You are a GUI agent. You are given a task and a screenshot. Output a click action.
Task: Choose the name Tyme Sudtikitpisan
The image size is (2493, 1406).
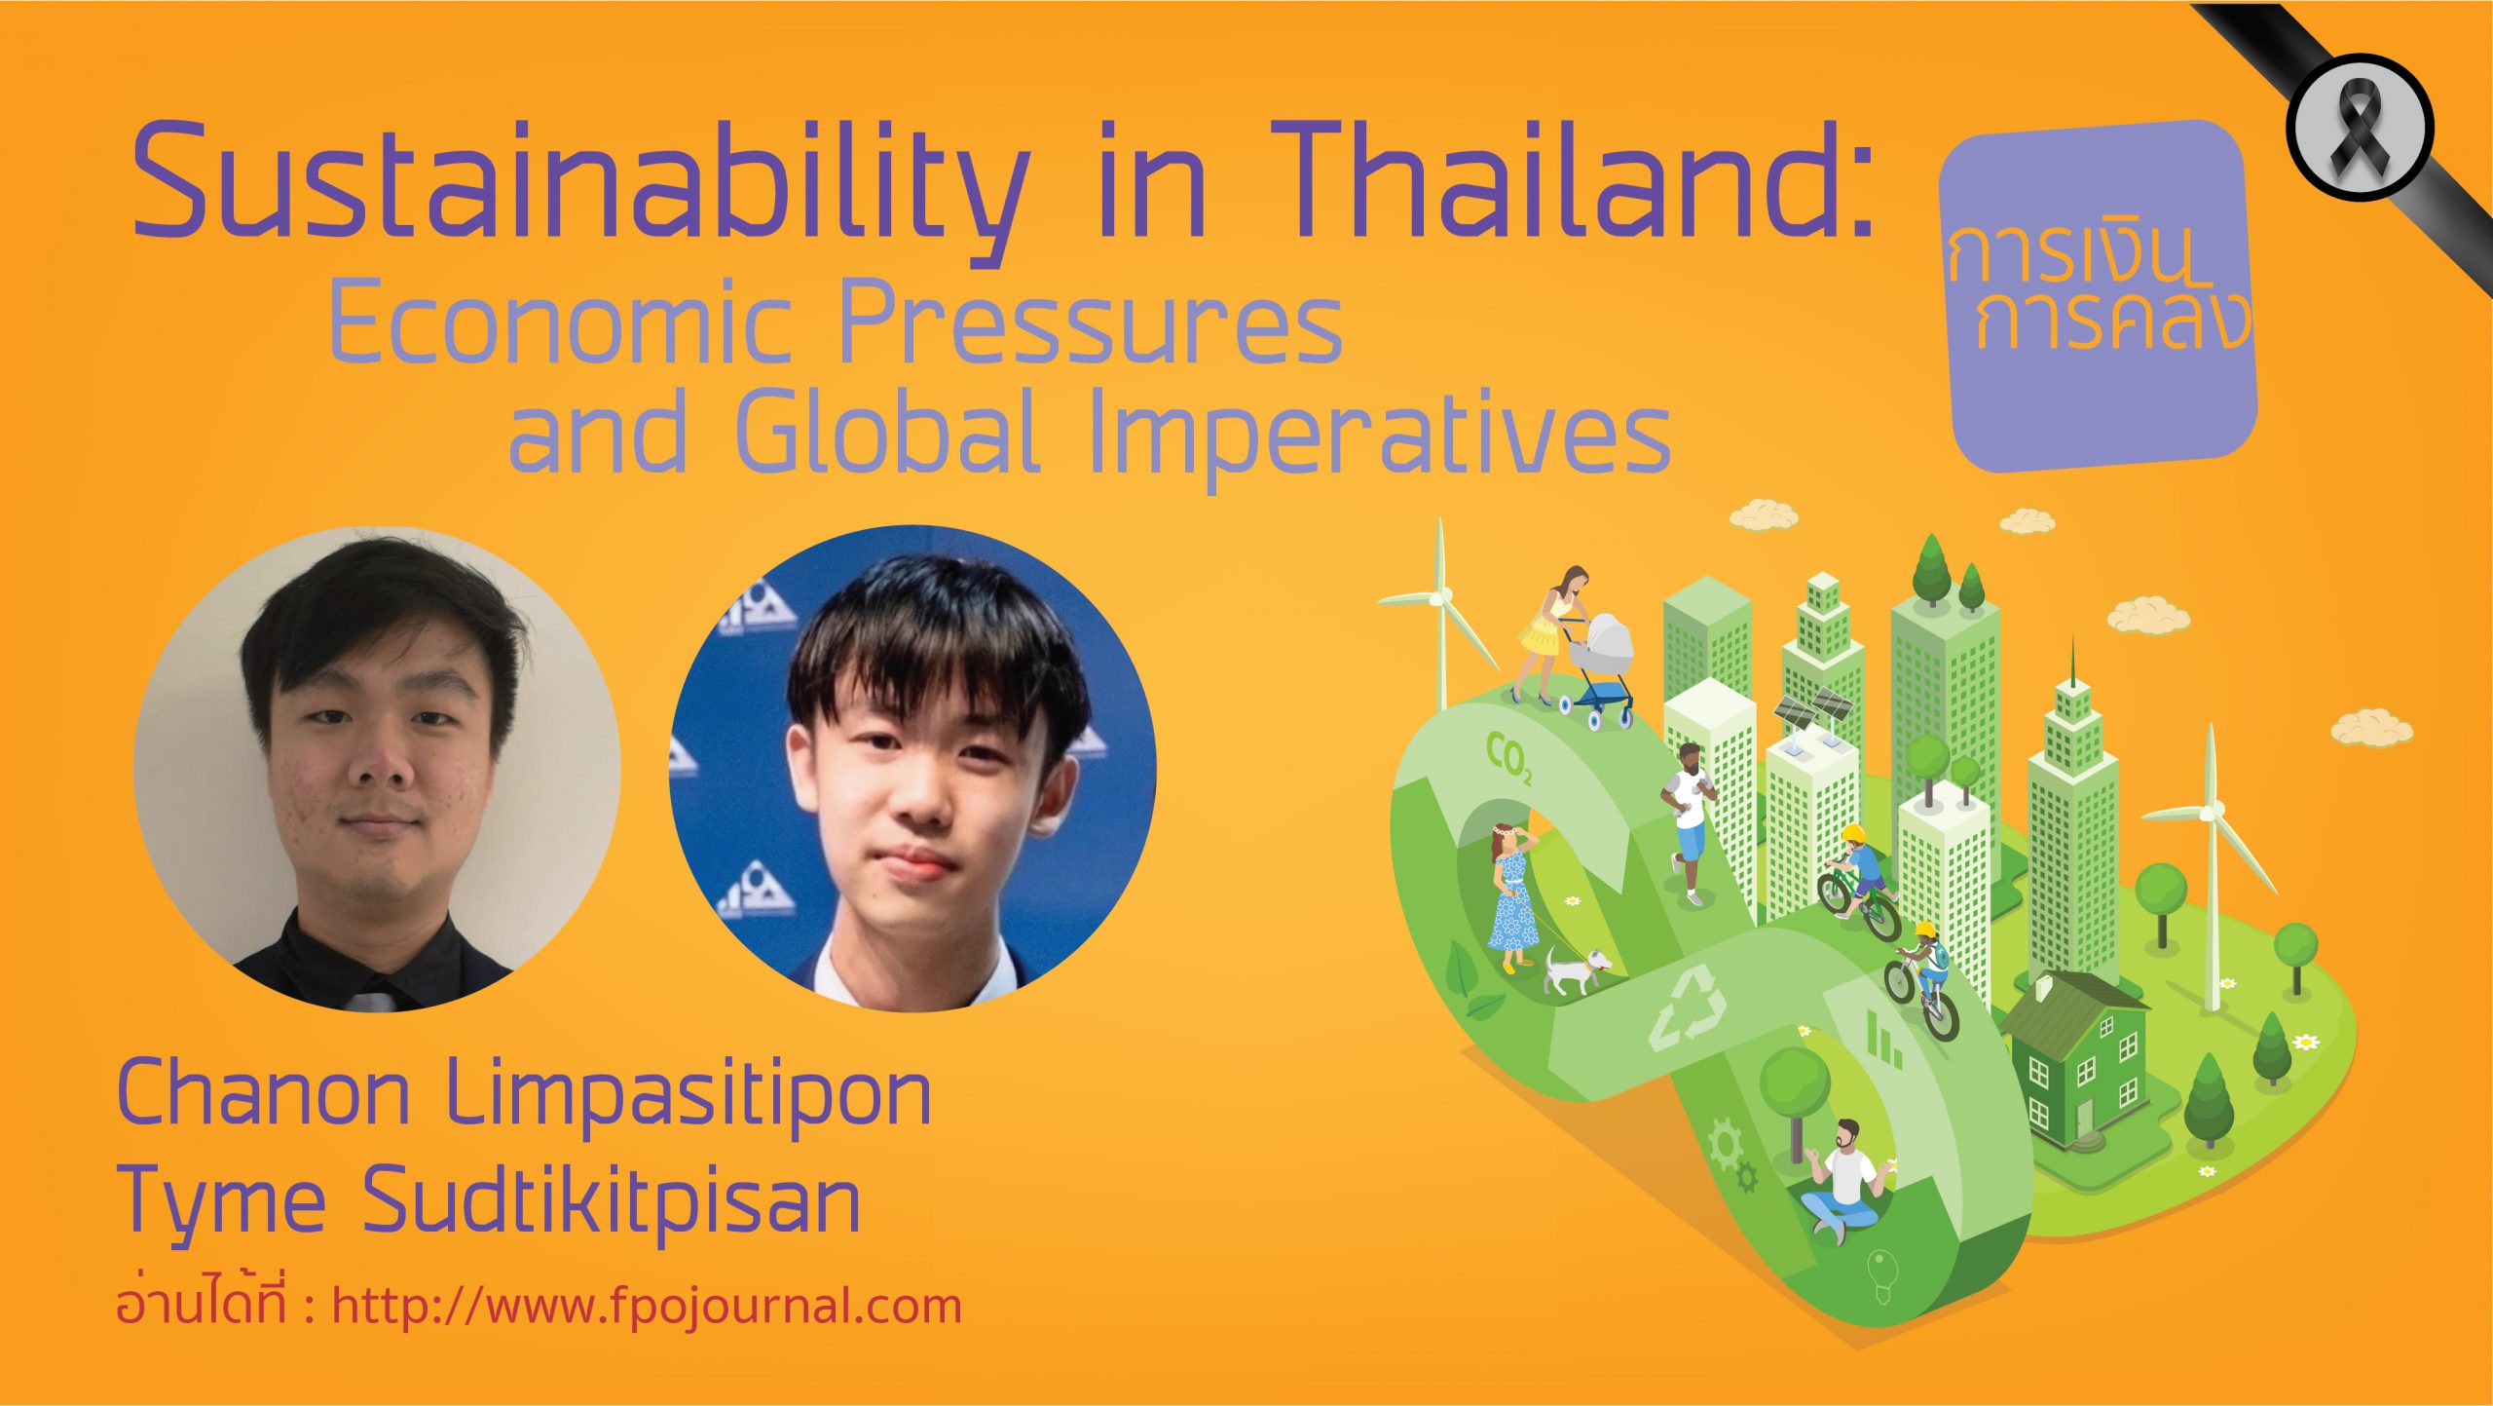[491, 1201]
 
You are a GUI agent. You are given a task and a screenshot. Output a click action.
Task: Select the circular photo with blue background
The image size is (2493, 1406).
[912, 769]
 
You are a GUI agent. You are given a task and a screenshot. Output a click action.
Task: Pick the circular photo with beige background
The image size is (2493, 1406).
[377, 769]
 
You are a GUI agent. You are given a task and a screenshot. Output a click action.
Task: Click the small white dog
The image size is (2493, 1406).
[1576, 971]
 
